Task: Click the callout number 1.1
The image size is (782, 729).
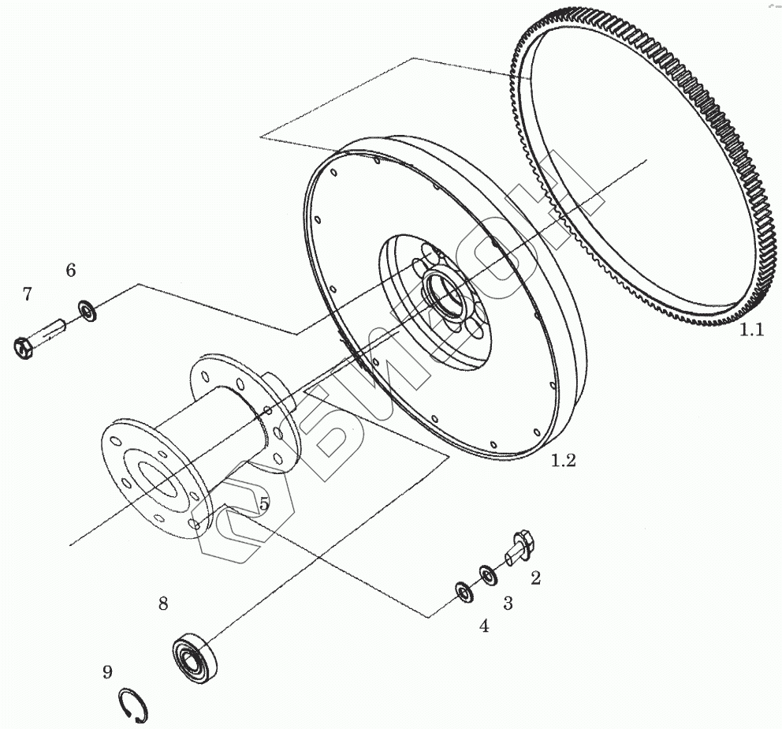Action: coord(751,331)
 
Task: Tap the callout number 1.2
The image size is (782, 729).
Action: coord(563,460)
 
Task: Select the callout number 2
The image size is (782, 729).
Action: coord(535,578)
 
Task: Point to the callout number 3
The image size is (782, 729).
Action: coord(508,604)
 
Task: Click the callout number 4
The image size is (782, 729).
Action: coord(484,626)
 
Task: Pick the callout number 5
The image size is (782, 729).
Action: coord(263,502)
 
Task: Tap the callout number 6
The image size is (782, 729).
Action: coord(71,271)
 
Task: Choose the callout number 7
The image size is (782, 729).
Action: coord(28,294)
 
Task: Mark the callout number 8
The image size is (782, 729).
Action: coord(163,604)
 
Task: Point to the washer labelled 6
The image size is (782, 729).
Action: coord(87,310)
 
